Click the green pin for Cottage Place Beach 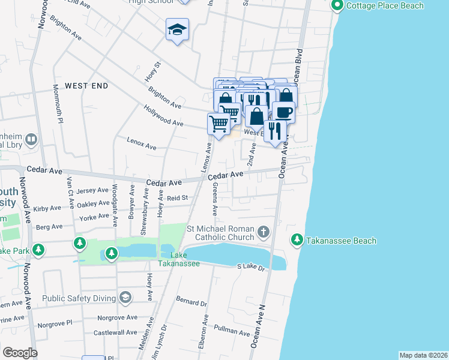tap(337, 6)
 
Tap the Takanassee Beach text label tap(342, 241)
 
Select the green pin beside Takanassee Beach tap(297, 240)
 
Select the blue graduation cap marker tap(177, 30)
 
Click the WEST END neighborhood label tap(86, 86)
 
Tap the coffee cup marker tap(283, 112)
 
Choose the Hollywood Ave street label tap(163, 115)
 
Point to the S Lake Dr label tap(250, 266)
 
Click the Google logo tap(20, 353)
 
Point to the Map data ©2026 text tap(423, 355)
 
